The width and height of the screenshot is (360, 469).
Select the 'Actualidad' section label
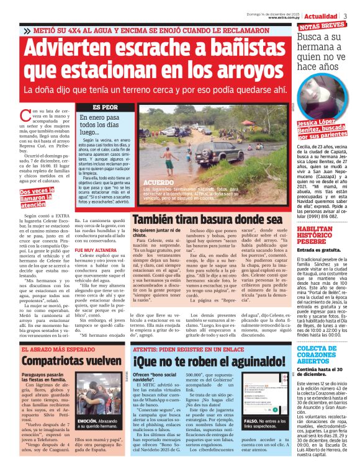click(x=320, y=15)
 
